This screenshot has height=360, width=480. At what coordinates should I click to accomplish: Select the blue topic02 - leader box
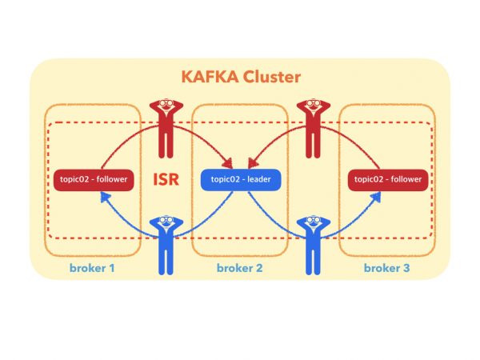(x=241, y=178)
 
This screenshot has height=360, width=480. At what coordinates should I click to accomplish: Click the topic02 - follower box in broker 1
(x=93, y=179)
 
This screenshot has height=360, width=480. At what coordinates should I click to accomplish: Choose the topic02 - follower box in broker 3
(x=388, y=179)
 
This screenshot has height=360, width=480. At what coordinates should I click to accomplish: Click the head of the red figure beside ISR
(x=166, y=104)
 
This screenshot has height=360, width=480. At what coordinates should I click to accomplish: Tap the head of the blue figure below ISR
(x=166, y=222)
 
